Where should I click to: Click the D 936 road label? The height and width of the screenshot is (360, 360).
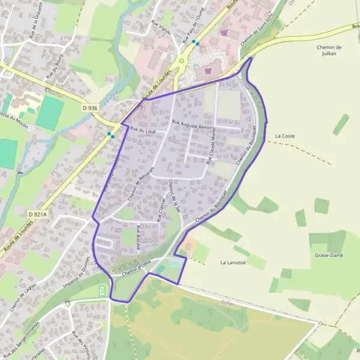click(89, 108)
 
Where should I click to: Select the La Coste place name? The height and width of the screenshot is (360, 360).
click(285, 136)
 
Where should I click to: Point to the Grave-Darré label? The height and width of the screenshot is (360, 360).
click(329, 254)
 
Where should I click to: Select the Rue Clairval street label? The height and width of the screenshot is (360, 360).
click(160, 209)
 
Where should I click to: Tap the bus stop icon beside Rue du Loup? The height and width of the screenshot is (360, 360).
click(111, 135)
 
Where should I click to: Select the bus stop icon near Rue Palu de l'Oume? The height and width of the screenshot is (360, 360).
click(195, 43)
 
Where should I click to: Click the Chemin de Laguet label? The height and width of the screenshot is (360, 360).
click(20, 300)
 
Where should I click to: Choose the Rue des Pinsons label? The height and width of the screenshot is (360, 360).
click(80, 344)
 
